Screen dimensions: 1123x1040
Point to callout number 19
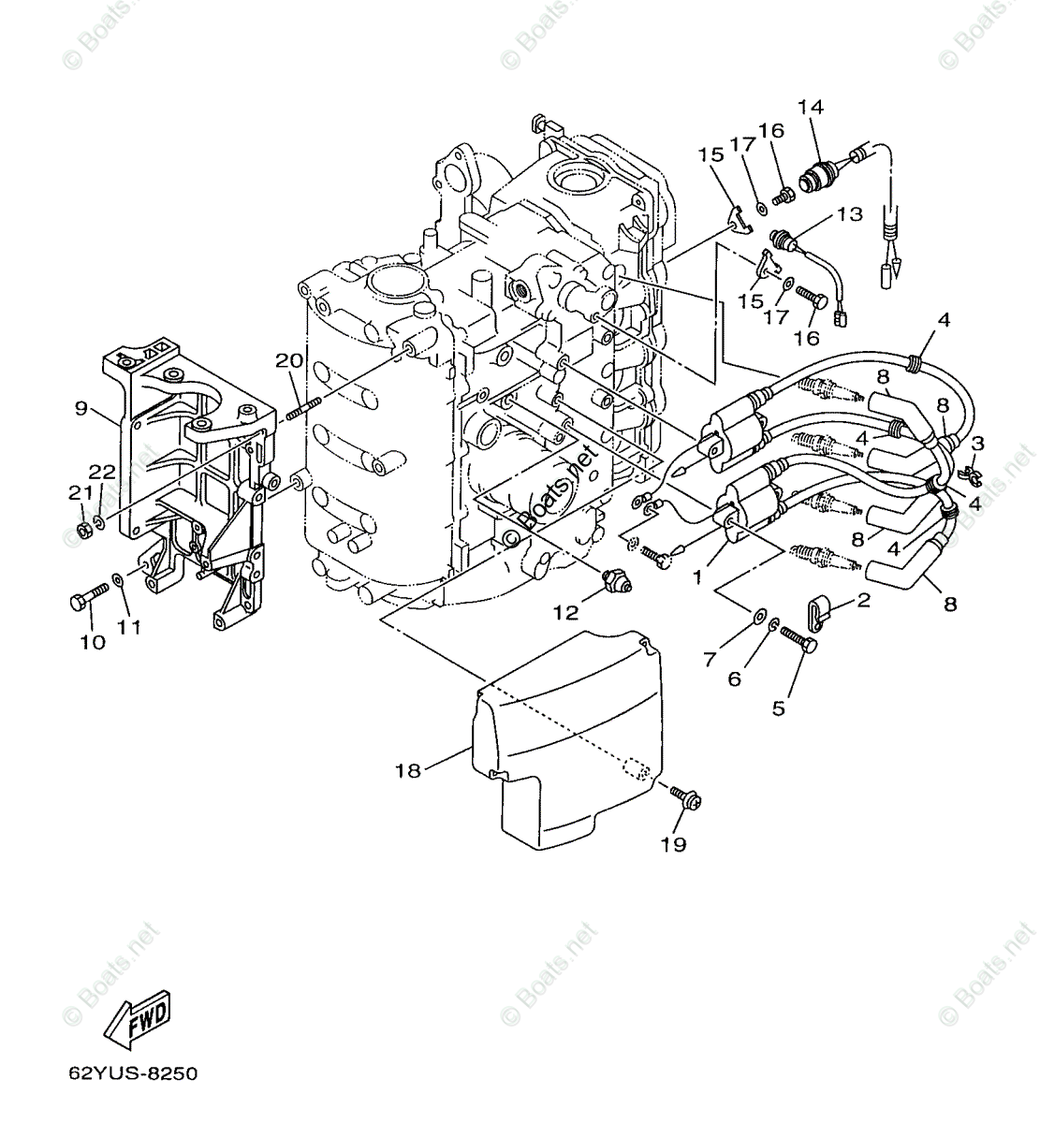point(673,844)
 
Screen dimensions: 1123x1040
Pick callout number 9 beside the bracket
point(82,408)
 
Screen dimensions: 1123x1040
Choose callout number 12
point(565,613)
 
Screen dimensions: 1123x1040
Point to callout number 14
point(811,108)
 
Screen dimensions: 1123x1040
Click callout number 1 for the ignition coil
point(696,578)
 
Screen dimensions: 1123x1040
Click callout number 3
point(977,443)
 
